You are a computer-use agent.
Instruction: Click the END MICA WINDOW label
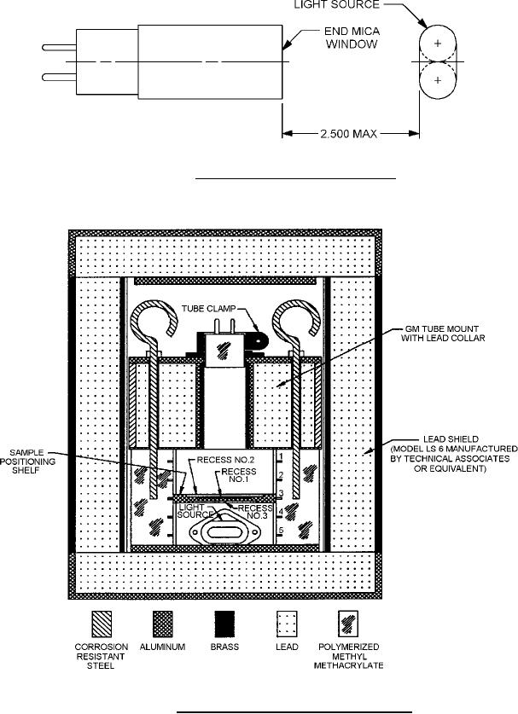[352, 38]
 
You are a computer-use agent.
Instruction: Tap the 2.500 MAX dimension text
[348, 133]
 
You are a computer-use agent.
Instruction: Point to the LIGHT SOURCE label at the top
[337, 5]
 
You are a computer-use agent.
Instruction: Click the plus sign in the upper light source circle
[438, 44]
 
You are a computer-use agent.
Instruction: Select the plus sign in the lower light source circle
[438, 80]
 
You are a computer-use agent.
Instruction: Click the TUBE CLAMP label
[209, 309]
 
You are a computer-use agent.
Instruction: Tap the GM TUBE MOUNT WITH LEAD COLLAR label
[443, 334]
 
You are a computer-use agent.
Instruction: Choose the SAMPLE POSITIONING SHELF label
[27, 461]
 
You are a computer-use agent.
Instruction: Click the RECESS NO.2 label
[225, 461]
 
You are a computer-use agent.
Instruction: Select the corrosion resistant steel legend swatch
[102, 624]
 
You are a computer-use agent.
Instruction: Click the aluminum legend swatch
[163, 624]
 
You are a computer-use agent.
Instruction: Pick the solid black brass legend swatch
[224, 624]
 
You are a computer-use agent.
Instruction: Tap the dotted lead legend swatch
[287, 624]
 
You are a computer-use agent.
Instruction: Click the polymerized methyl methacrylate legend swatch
[348, 624]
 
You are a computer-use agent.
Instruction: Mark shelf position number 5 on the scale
[281, 531]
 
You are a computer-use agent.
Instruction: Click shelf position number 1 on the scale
[281, 456]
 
